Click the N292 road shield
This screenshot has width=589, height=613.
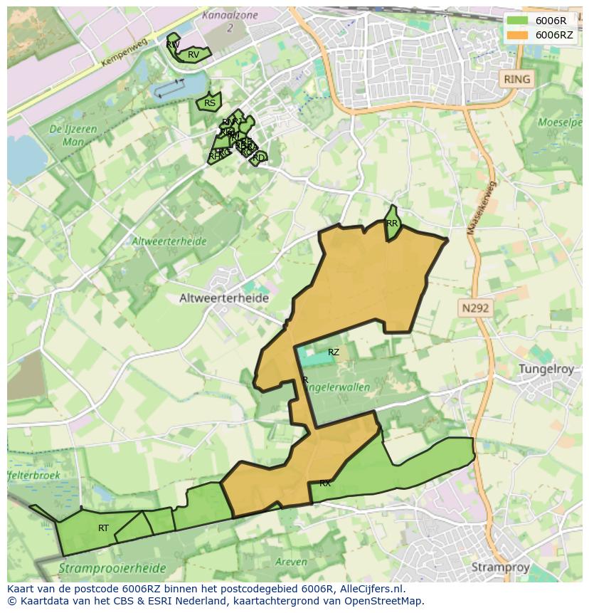tap(474, 308)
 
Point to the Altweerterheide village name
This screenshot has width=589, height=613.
tap(223, 298)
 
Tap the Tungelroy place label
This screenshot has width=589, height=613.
tap(549, 369)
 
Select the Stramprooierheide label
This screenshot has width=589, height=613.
tap(112, 569)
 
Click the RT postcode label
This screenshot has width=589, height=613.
tap(104, 528)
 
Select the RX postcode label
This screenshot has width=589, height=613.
tap(325, 483)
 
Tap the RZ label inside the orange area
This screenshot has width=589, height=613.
tap(334, 352)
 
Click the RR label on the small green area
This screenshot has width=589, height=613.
tap(392, 224)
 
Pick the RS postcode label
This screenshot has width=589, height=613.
tap(210, 103)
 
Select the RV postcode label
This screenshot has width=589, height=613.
tap(193, 55)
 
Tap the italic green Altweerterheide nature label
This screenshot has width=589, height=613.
tap(169, 241)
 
